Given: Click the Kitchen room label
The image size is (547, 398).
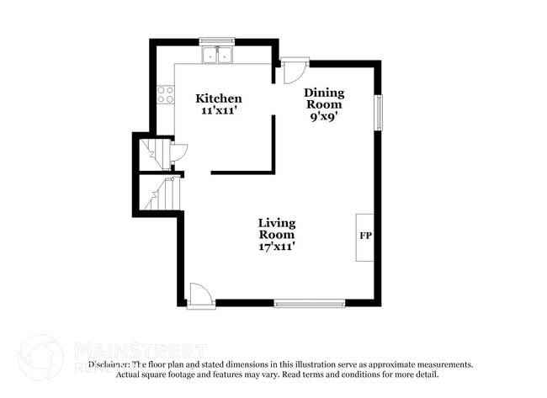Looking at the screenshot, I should [x=219, y=98].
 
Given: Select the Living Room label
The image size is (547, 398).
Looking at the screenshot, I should [x=276, y=229].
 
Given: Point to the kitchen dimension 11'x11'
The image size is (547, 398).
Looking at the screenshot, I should [x=219, y=111].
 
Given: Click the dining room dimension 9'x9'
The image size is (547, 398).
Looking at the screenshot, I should [x=324, y=117].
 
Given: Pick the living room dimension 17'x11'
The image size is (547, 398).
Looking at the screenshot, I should [x=276, y=247].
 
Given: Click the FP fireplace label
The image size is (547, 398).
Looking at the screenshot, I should [x=365, y=236].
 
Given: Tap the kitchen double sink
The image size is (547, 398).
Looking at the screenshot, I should [x=219, y=56].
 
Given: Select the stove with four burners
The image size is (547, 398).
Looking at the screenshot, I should [x=165, y=94].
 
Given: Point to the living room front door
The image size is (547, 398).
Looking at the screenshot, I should [x=200, y=296].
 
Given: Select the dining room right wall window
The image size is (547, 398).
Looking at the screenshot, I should [x=379, y=111].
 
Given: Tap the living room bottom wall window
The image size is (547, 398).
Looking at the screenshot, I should [x=310, y=303].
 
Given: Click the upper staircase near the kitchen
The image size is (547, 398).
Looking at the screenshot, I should [x=152, y=153].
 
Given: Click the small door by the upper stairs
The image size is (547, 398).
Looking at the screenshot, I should [x=178, y=152].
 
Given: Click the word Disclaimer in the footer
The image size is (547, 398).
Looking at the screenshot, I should [x=108, y=364].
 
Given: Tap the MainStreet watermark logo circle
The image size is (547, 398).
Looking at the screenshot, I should [x=40, y=358].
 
